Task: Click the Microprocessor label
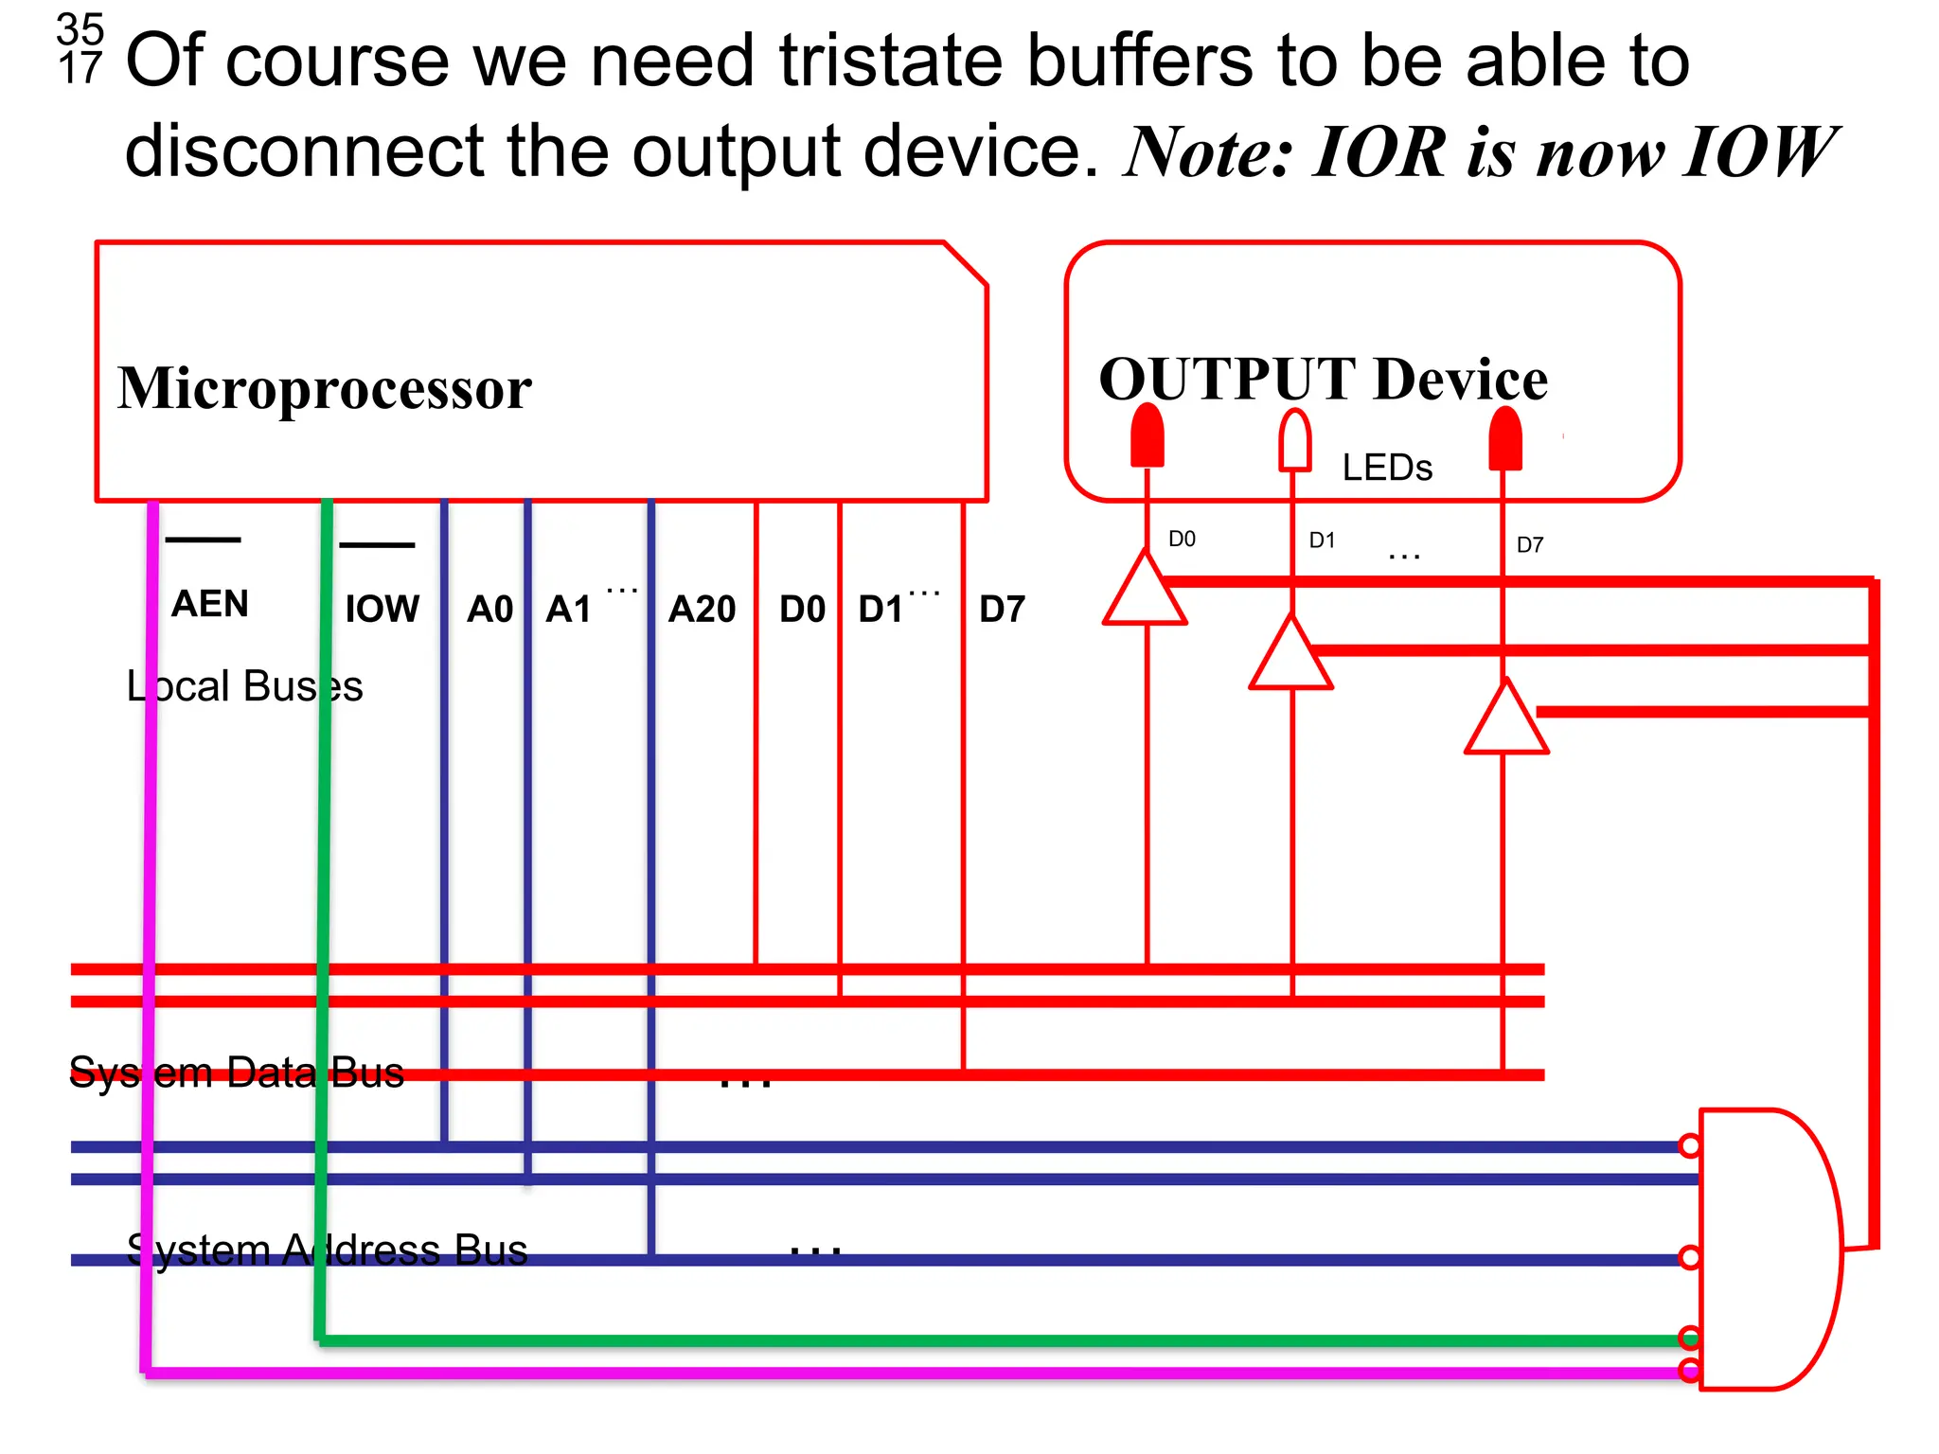(x=325, y=388)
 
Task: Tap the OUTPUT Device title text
(x=1323, y=379)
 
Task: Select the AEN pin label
(x=209, y=603)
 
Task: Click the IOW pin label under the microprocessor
(x=382, y=609)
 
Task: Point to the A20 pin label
(x=702, y=609)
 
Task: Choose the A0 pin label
(x=489, y=609)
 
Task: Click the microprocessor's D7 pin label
(x=1002, y=609)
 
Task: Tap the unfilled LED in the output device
(x=1294, y=440)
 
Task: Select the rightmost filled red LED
(x=1504, y=438)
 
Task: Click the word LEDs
(x=1387, y=468)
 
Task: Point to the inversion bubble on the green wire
(x=1690, y=1338)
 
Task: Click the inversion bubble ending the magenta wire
(x=1690, y=1370)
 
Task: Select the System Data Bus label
(x=237, y=1073)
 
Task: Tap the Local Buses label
(x=244, y=686)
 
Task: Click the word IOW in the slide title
(x=1758, y=151)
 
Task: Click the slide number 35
(x=80, y=30)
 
